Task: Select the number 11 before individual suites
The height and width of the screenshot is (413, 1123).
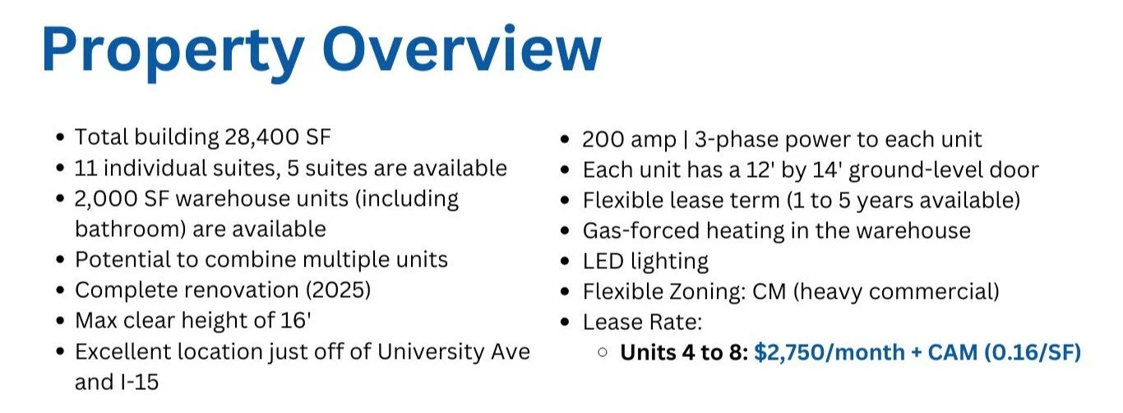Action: click(x=85, y=169)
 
